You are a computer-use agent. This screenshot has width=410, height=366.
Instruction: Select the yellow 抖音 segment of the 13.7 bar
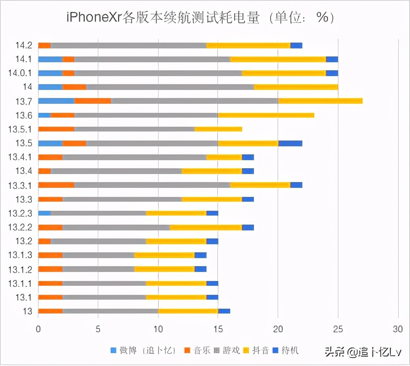click(x=320, y=101)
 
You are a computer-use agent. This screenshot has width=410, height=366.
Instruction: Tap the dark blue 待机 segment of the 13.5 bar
click(x=290, y=143)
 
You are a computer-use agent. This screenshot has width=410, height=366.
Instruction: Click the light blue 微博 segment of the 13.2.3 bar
click(x=44, y=213)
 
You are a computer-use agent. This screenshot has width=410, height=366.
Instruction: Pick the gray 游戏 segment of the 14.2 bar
click(x=128, y=46)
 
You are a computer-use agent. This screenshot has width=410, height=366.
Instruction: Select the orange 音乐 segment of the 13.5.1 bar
click(x=56, y=129)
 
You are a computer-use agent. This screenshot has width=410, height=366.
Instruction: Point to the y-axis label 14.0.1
click(x=20, y=73)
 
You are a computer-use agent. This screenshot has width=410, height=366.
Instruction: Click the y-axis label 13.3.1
click(x=20, y=185)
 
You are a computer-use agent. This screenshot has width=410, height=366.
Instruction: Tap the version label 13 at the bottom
click(x=28, y=311)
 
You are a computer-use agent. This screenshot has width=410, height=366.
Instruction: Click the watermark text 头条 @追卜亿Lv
click(x=361, y=352)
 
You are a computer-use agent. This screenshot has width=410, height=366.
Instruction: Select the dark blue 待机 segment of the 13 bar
click(x=224, y=311)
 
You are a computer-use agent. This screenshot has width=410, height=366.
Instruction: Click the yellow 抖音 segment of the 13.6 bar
click(x=266, y=115)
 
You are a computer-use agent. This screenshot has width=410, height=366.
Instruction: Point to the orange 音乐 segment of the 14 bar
click(x=74, y=87)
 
